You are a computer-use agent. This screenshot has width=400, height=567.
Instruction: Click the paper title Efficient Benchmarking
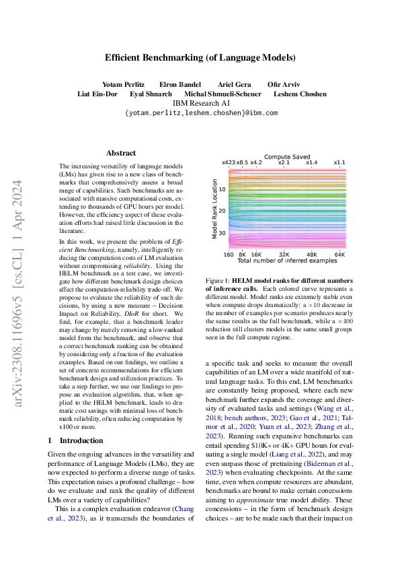(x=200, y=58)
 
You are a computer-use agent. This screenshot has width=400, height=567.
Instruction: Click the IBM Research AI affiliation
(x=200, y=103)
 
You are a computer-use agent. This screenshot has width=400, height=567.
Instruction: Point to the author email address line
(x=200, y=113)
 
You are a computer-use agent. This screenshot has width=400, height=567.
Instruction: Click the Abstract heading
(x=121, y=153)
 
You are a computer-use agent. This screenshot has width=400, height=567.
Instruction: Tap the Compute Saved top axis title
(x=286, y=156)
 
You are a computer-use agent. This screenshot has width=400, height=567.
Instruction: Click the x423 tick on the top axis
(x=229, y=162)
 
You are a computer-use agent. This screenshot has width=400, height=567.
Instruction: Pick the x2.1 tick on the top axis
(x=284, y=162)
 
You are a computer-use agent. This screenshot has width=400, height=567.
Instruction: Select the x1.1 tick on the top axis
(x=339, y=162)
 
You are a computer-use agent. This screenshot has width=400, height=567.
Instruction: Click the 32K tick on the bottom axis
(x=284, y=255)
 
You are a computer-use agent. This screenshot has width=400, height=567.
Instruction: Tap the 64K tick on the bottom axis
(x=339, y=255)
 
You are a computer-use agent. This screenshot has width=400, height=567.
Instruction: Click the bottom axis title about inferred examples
(x=286, y=261)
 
